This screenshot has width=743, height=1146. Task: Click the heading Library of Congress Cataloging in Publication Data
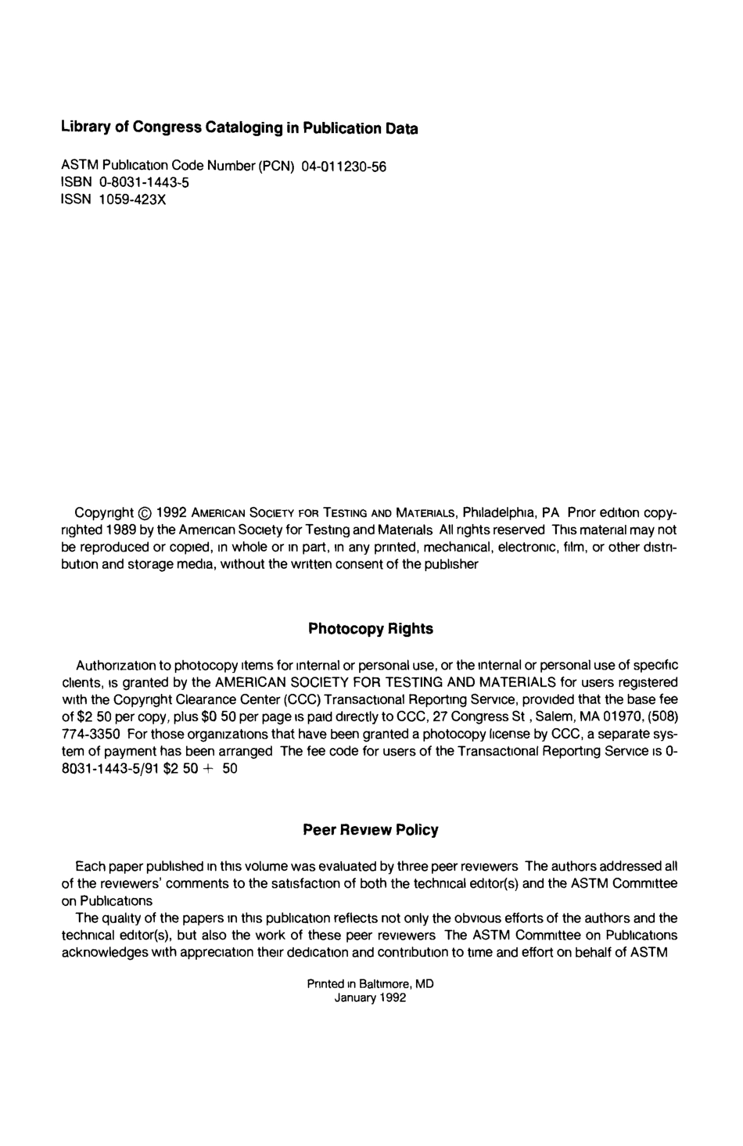[239, 128]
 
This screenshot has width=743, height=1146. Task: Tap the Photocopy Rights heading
[370, 629]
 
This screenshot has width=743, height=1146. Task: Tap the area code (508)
[663, 716]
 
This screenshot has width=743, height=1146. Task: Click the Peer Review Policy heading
[370, 830]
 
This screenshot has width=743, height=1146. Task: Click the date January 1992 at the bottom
[370, 998]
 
